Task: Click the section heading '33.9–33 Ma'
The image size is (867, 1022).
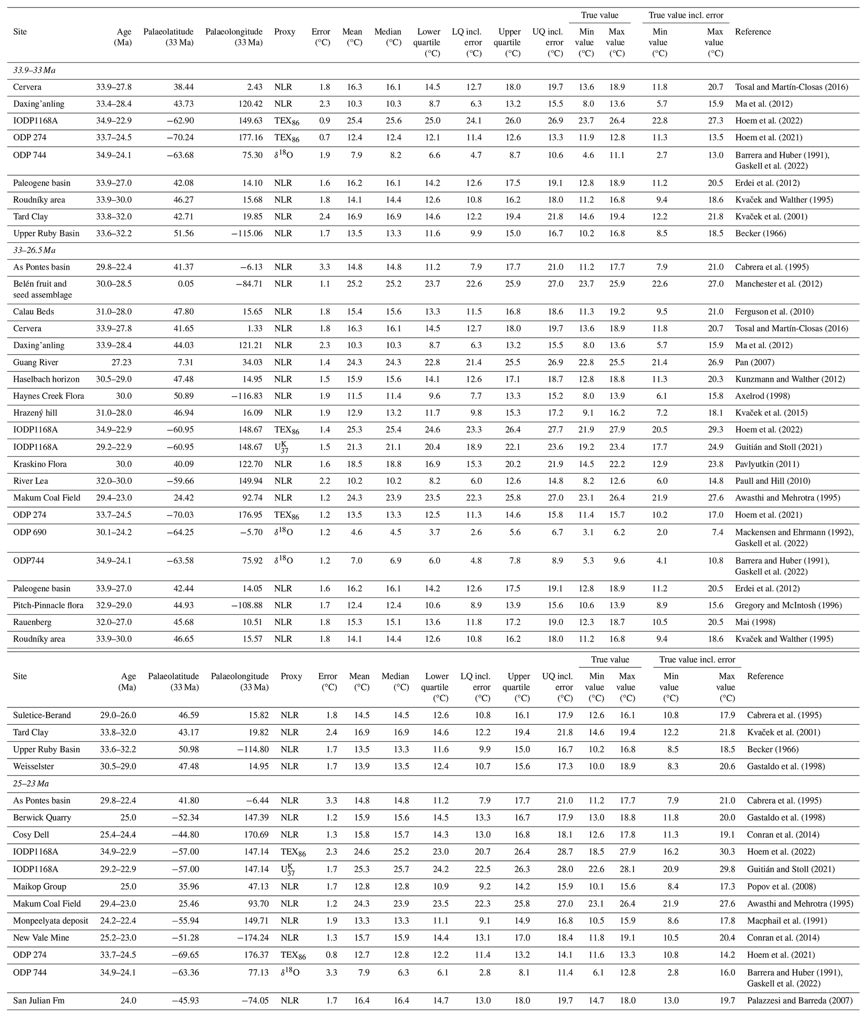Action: click(x=34, y=70)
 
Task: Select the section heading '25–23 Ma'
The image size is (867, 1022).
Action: click(x=31, y=783)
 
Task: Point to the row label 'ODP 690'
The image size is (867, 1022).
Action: click(x=30, y=532)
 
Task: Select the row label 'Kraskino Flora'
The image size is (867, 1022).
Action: click(x=40, y=464)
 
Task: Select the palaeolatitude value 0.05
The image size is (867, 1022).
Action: click(x=185, y=283)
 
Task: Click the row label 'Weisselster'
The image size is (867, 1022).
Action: click(x=34, y=766)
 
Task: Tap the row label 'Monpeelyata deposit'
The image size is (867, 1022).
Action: click(x=51, y=920)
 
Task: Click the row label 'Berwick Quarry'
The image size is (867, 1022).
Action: click(x=42, y=818)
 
